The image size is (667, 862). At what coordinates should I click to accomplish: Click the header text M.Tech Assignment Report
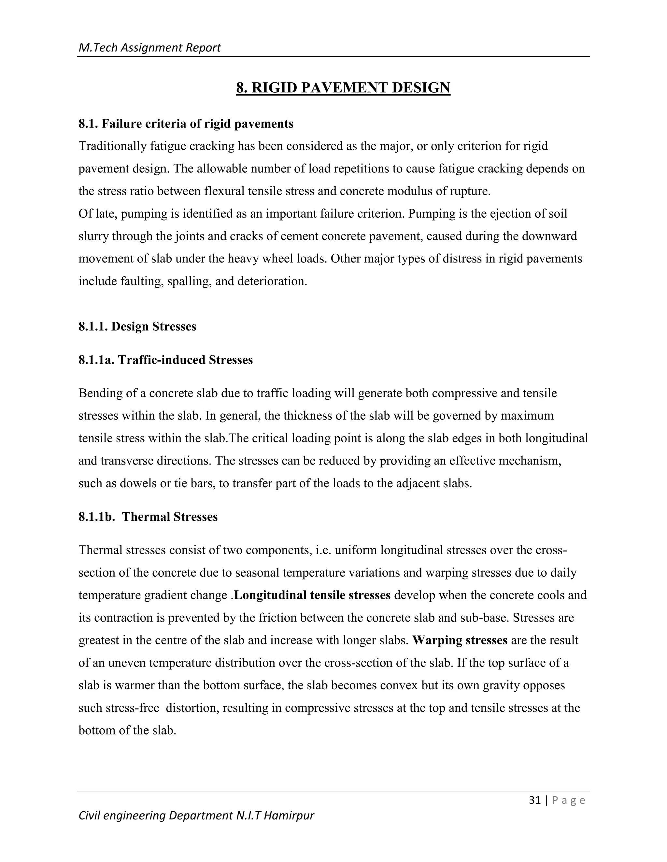pos(149,48)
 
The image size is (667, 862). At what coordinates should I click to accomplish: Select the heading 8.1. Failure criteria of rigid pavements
pos(186,124)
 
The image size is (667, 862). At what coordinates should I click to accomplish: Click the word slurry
pos(94,236)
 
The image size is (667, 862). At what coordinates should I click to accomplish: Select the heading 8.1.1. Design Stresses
pos(137,327)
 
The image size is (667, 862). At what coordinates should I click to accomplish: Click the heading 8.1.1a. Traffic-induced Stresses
pos(165,360)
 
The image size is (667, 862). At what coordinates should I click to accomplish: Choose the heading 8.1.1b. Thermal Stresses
pos(148,517)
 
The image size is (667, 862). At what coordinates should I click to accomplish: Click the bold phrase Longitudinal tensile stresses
pos(312,595)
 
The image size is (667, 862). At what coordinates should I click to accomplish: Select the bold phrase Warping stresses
pos(460,640)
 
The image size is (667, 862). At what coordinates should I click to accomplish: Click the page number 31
pos(535,800)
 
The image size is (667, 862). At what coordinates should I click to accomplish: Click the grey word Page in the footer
pos(569,801)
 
